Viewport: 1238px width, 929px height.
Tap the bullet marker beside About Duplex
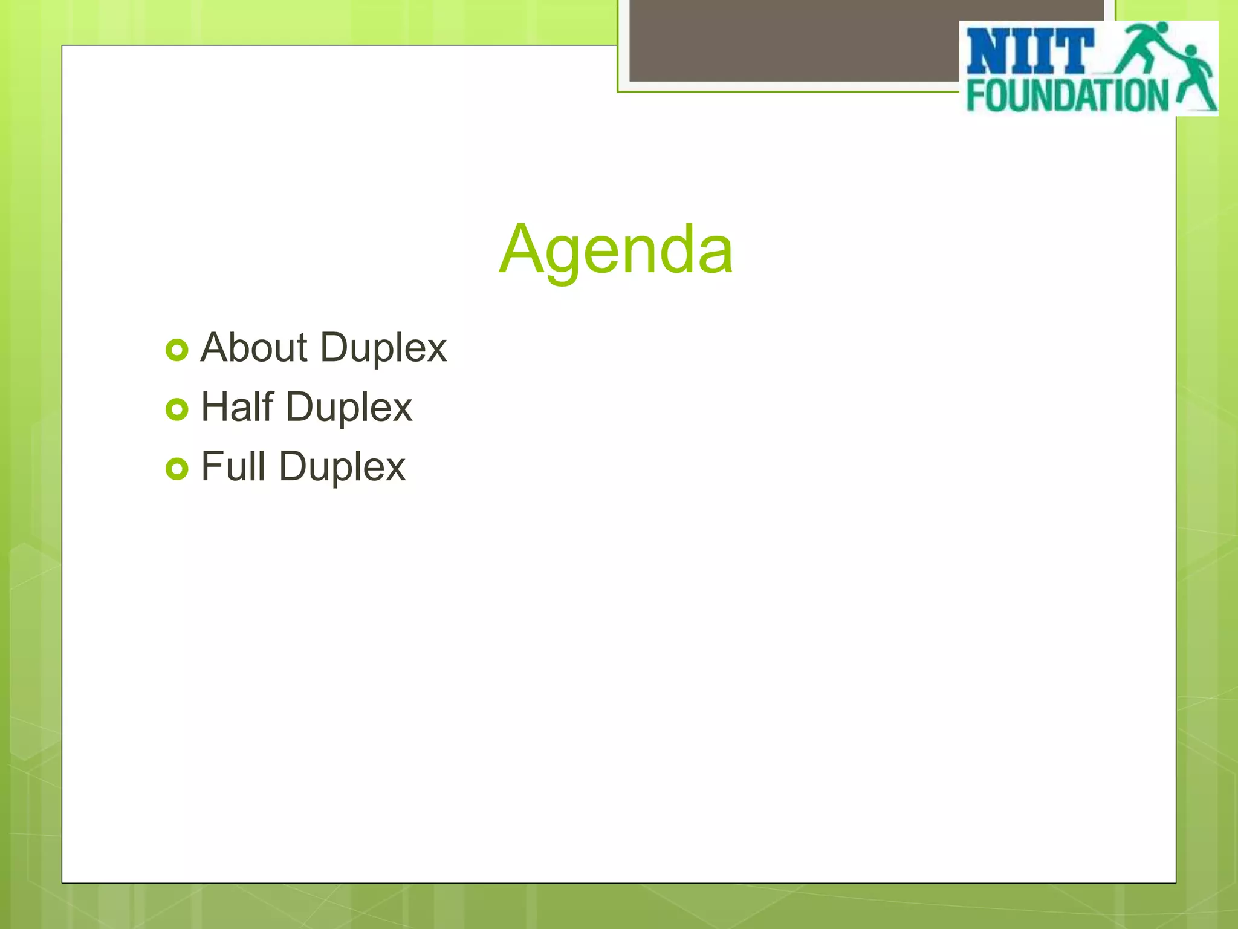(177, 350)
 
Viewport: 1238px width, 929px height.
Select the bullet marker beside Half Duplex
(177, 409)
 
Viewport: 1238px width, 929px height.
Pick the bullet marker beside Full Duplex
(177, 469)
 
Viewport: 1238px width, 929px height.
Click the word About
(254, 348)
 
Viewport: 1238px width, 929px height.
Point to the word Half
(237, 406)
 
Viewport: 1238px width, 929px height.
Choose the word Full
(233, 466)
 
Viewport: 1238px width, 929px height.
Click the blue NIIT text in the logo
(1029, 52)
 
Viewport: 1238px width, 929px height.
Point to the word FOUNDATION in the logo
(1067, 96)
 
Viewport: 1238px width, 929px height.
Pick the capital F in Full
(211, 466)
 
